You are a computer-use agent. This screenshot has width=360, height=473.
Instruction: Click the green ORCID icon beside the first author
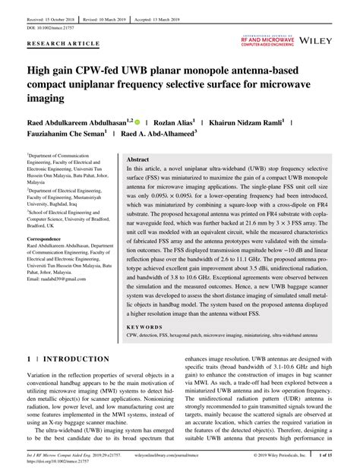[x=140, y=121]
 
